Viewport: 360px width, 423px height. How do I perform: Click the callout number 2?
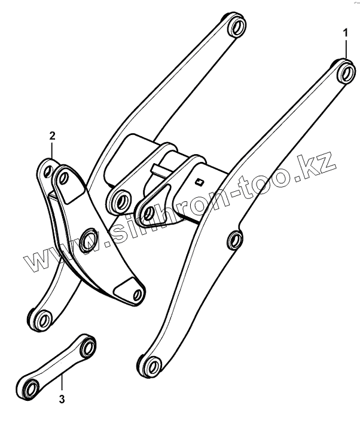click(52, 136)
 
